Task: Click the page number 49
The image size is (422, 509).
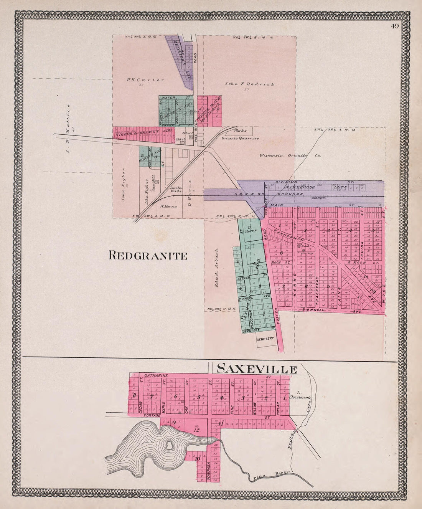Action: point(395,26)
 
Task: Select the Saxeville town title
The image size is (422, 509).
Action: point(257,369)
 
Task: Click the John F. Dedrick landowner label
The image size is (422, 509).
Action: point(249,84)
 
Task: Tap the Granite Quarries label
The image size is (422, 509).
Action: point(241,139)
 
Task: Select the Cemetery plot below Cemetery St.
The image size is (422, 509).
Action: point(265,339)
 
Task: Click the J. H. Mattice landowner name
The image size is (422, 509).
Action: point(69,128)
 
